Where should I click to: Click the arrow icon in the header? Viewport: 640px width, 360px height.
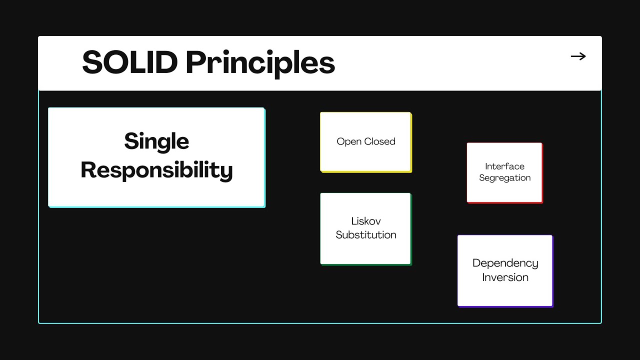coord(578,56)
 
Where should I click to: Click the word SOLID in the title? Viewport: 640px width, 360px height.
coord(130,63)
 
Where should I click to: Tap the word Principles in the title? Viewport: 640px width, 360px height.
coord(260,63)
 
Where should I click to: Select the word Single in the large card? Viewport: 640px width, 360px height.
coord(156,141)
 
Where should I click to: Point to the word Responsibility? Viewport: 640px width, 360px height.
coord(156,170)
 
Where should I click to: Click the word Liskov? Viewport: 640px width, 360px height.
coord(366,221)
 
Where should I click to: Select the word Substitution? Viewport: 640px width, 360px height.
coord(366,235)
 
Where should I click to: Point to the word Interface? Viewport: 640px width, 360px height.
coord(504,166)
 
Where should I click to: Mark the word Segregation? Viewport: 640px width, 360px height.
coord(504,178)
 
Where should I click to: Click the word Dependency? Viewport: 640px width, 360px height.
coord(505,263)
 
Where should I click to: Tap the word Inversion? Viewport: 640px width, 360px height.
coord(505,277)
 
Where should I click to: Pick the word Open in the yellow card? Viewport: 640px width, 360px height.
coord(348,141)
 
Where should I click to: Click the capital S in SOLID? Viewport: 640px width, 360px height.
coord(91,63)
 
